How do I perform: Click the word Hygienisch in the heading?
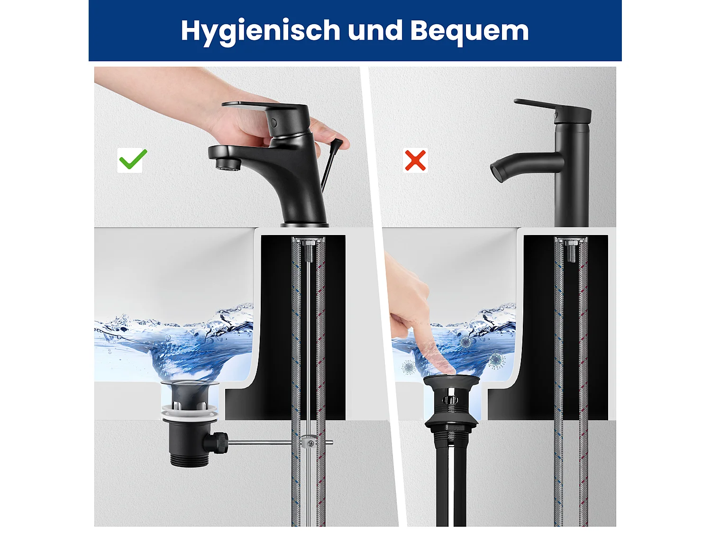pos(260,31)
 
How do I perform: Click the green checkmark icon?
pos(133,160)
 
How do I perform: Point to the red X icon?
pos(415,160)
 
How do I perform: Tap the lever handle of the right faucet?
pos(545,107)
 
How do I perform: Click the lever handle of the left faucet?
pos(251,107)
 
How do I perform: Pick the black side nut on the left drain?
pos(219,443)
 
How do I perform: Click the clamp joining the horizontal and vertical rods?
pos(309,442)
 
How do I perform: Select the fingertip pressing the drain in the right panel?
pos(446,368)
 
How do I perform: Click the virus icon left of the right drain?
pos(409,366)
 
